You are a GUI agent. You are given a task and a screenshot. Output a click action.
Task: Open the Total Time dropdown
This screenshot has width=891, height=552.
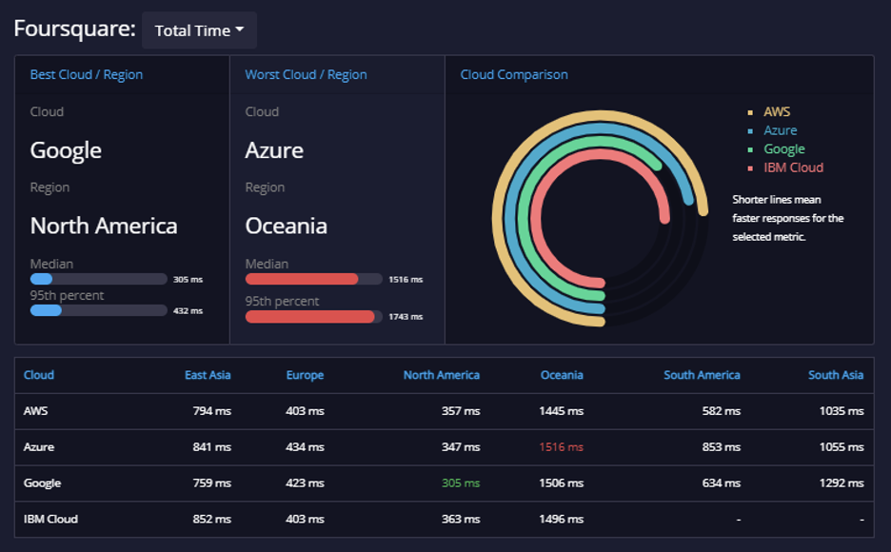(x=199, y=30)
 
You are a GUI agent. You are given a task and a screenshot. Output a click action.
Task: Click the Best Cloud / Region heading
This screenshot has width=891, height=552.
(x=87, y=74)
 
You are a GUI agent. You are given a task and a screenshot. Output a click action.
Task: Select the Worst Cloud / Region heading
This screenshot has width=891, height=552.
(x=306, y=74)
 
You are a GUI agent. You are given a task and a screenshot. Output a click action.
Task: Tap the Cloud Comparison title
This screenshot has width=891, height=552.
(x=514, y=74)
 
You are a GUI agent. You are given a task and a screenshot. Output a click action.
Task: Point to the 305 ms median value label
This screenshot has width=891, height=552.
(x=188, y=280)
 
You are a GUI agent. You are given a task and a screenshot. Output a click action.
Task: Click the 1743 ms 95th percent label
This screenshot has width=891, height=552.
(x=406, y=317)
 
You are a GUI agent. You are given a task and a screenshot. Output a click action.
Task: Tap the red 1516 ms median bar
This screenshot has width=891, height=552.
(x=302, y=279)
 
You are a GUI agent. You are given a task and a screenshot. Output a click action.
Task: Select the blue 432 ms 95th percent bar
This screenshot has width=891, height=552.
(x=46, y=310)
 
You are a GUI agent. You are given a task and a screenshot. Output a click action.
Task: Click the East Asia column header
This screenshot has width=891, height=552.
(x=208, y=375)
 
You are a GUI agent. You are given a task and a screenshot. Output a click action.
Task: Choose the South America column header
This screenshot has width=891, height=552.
(x=702, y=375)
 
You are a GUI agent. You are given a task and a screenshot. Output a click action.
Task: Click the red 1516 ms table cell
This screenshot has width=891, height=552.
(x=561, y=447)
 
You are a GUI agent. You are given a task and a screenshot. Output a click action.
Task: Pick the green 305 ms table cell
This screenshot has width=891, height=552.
(x=461, y=483)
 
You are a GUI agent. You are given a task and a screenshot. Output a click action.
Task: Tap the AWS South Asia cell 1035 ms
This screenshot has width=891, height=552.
(x=841, y=410)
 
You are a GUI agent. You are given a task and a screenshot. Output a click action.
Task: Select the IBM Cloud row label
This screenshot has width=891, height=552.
(x=50, y=519)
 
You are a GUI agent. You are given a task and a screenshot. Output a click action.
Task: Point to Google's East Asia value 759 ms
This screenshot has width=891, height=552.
(x=212, y=483)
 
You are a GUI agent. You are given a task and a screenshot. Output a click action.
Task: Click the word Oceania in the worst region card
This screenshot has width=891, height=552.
(x=286, y=226)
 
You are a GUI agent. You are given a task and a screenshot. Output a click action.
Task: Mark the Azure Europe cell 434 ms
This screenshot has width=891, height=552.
(x=306, y=447)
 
